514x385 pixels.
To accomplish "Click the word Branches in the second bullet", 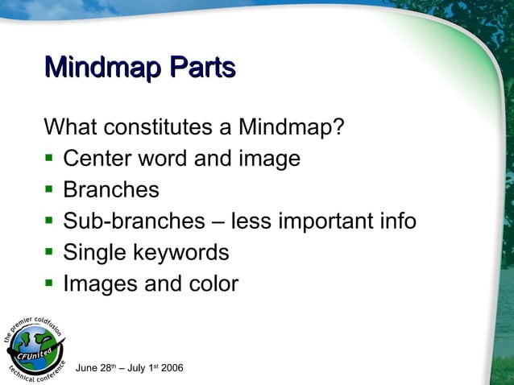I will (x=111, y=190).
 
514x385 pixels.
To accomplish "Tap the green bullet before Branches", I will (x=49, y=191).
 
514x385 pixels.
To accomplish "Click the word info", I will (x=396, y=221).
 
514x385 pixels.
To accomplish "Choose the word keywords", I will (x=182, y=253).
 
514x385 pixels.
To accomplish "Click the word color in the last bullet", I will (x=212, y=284).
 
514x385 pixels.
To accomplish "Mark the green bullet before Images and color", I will (x=49, y=285).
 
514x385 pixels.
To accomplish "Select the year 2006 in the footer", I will (x=172, y=369).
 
